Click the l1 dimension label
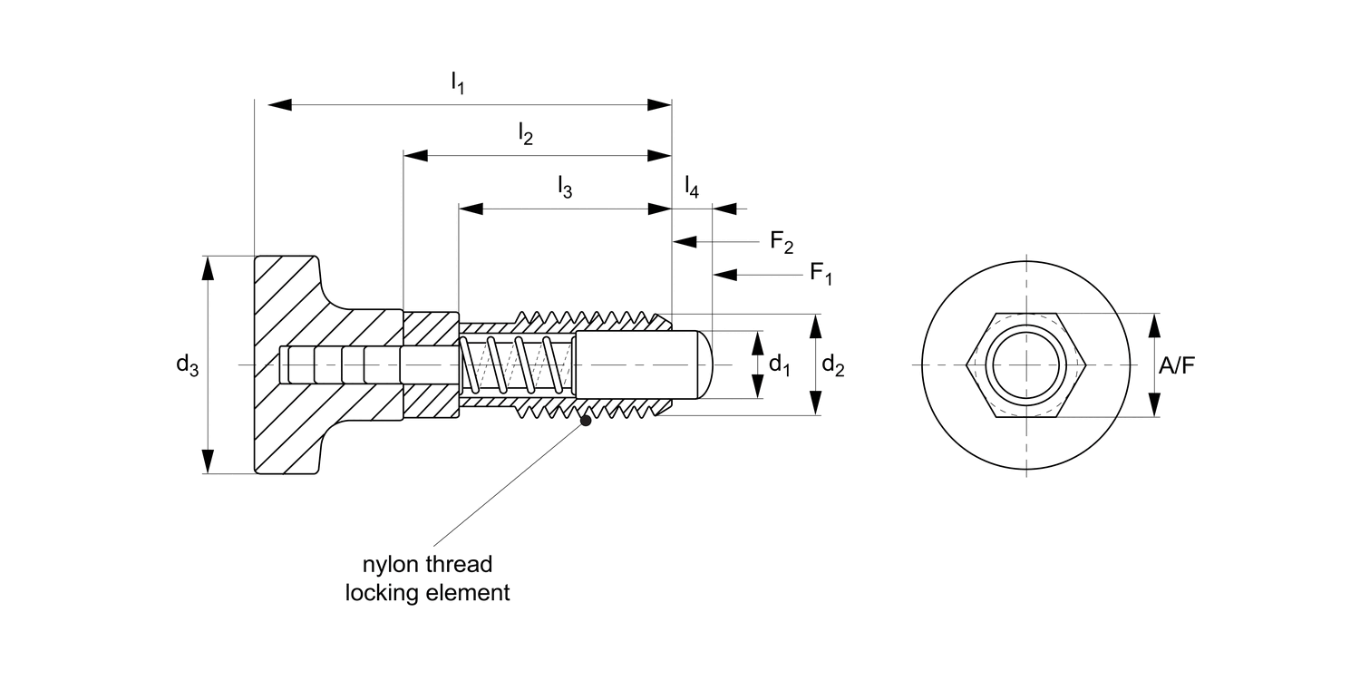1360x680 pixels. [x=458, y=84]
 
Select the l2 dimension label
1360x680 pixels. [x=525, y=135]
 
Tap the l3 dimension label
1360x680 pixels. [x=564, y=188]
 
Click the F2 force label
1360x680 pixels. [x=782, y=242]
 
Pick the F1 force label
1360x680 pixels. [x=821, y=273]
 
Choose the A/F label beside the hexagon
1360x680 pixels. [x=1176, y=364]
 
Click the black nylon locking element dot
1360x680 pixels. [x=586, y=420]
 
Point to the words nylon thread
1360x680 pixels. [x=427, y=565]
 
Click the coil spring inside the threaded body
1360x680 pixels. [x=517, y=364]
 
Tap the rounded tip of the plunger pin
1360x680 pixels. [x=706, y=364]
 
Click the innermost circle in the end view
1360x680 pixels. [x=1025, y=364]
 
